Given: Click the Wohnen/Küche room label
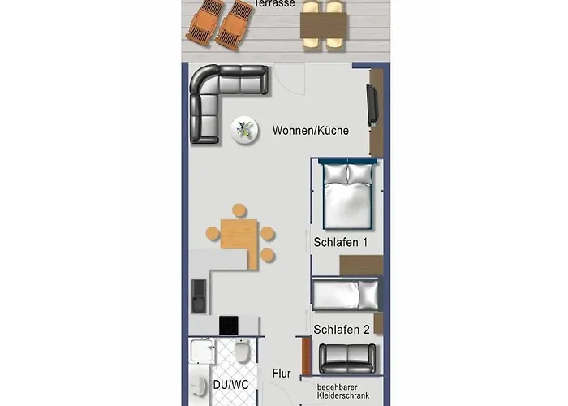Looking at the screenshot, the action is click(x=311, y=131).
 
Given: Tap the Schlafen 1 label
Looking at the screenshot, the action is click(x=341, y=242).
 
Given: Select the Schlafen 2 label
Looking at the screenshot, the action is click(x=342, y=330).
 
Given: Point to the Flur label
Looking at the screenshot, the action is click(x=282, y=374).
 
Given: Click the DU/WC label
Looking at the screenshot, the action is click(x=230, y=385).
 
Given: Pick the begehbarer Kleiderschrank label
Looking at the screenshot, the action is click(x=343, y=391).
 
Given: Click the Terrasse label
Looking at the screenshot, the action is click(x=275, y=3).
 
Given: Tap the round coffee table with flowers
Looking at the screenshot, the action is click(x=245, y=130).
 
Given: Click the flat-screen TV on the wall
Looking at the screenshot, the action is click(x=372, y=105).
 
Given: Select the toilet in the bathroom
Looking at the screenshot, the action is click(x=242, y=351).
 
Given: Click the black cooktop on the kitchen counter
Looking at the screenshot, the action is click(x=229, y=326).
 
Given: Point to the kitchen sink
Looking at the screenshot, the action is click(x=199, y=296).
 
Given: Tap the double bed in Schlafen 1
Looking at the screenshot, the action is click(x=347, y=195).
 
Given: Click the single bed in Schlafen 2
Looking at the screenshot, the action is click(x=346, y=295).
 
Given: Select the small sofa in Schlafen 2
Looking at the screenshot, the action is click(x=347, y=359).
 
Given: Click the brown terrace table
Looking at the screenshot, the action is click(x=324, y=25).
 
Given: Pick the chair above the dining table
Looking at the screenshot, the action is click(x=239, y=211).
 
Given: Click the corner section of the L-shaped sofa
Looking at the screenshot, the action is click(x=204, y=80).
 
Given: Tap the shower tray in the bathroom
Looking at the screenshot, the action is click(x=203, y=351).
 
